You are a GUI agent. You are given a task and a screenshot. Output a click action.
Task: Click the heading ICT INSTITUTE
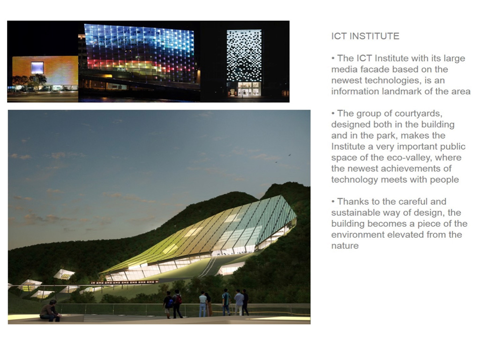click(365, 36)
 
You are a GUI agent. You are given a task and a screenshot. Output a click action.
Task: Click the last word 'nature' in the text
click(345, 246)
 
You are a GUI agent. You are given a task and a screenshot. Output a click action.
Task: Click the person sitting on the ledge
click(50, 311)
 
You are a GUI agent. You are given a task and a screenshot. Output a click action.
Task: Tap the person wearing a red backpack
click(177, 303)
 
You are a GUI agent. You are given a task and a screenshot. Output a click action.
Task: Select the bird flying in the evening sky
click(289, 155)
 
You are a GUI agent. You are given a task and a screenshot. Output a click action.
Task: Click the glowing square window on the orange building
click(37, 67)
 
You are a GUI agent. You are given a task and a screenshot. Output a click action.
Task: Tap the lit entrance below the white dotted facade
click(244, 89)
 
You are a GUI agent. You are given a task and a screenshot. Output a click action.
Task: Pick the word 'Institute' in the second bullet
click(348, 146)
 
